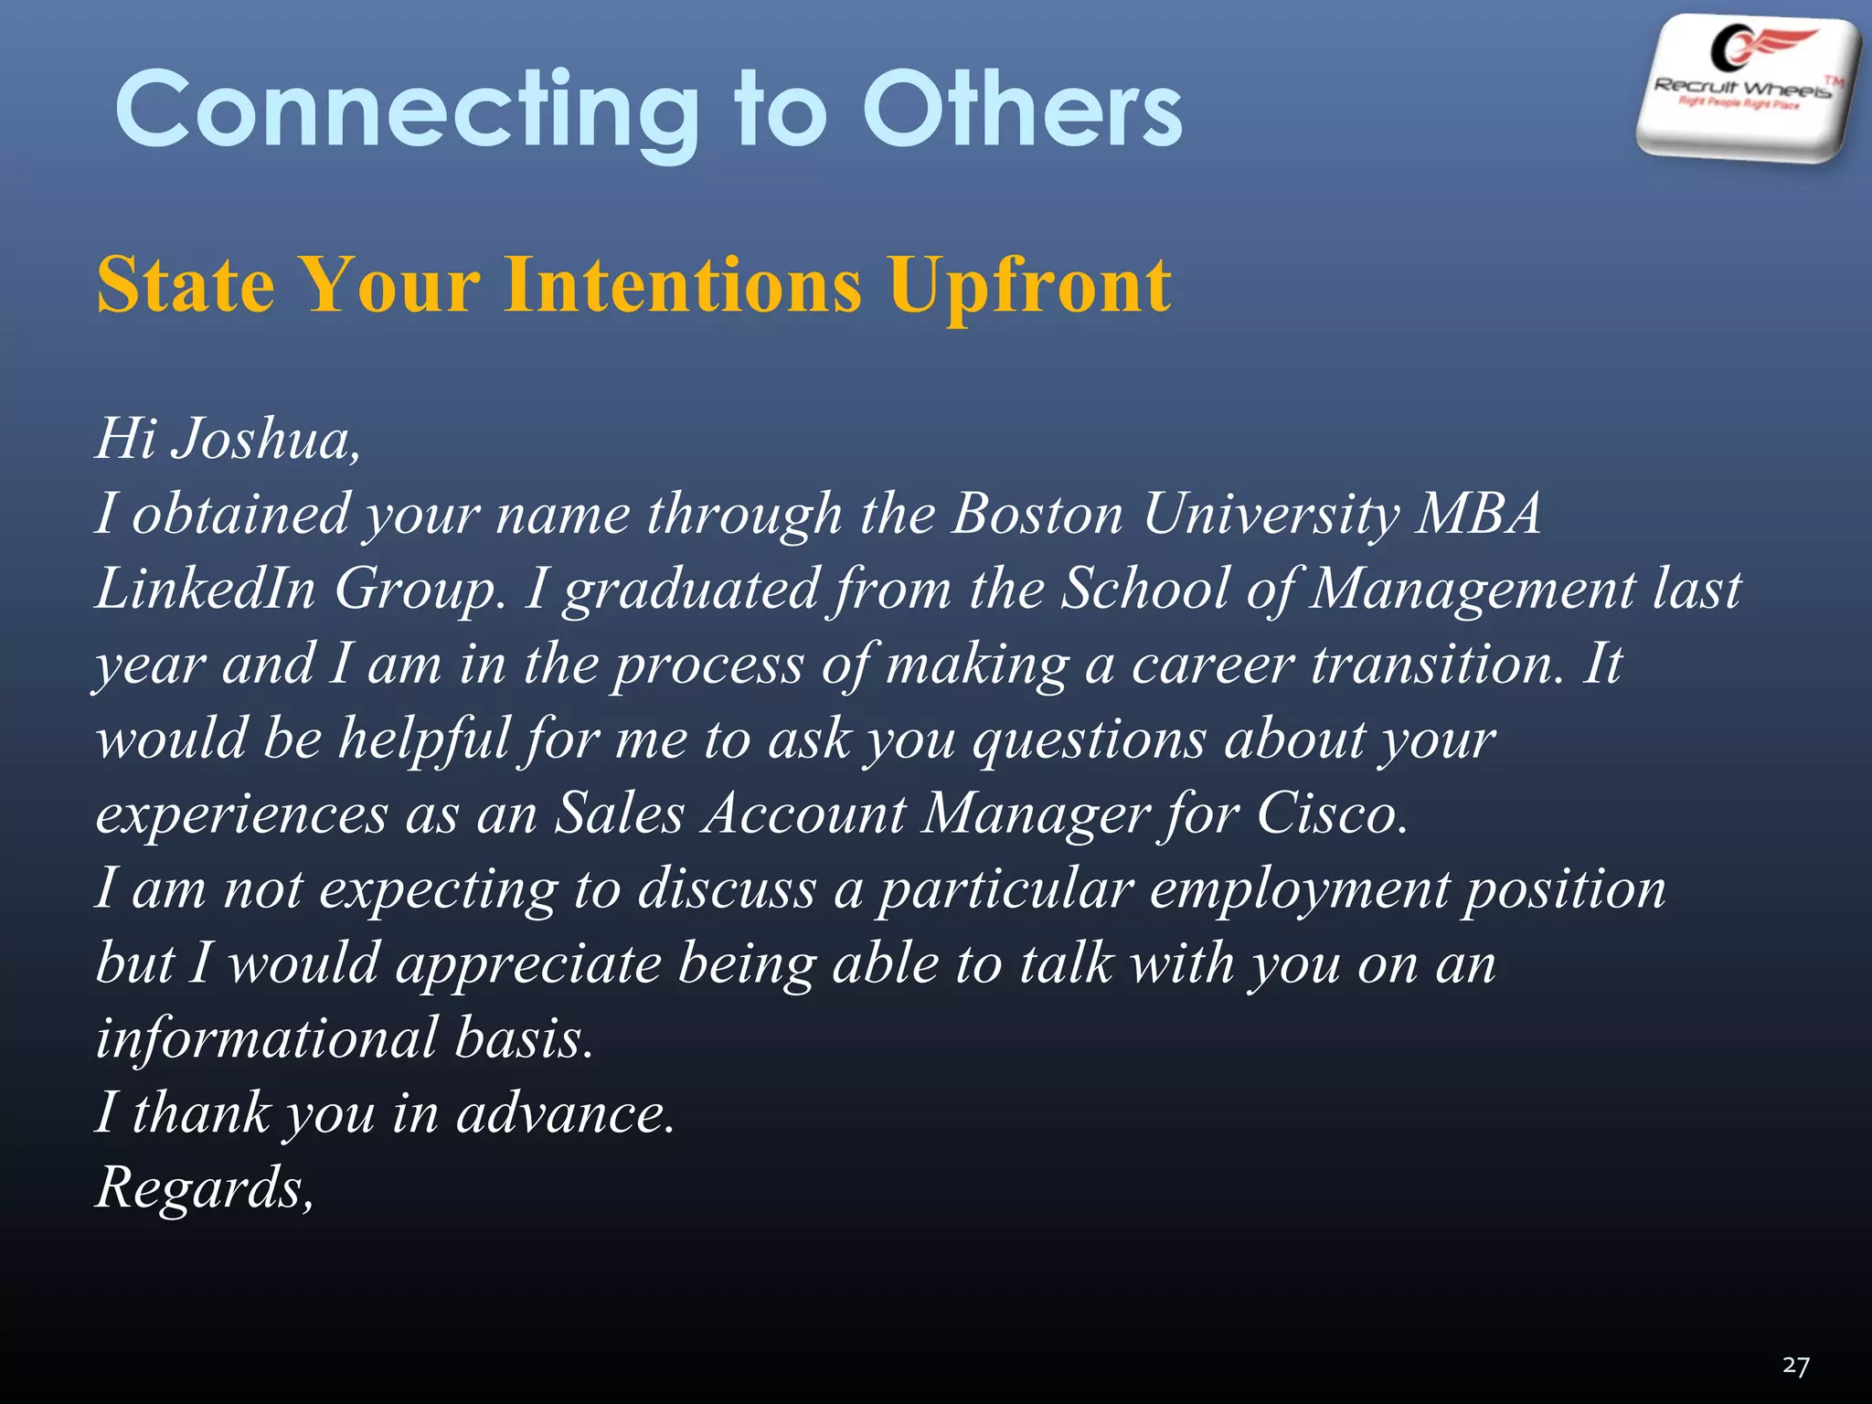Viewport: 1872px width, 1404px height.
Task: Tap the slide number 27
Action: coord(1795,1366)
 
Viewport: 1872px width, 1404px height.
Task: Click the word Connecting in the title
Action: coord(407,112)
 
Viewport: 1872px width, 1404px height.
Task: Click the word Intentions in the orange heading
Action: coord(683,284)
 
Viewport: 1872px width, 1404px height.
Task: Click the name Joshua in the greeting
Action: coord(265,439)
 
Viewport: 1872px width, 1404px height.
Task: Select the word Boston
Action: coord(1037,514)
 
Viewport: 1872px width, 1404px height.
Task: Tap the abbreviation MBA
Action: coord(1478,514)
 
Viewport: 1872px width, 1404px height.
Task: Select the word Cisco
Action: coord(1330,814)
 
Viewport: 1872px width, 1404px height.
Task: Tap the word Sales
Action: coord(619,814)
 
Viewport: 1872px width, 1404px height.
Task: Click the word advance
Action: coord(564,1114)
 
